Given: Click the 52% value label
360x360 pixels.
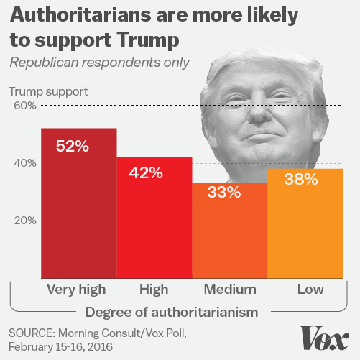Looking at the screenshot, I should point(72,146).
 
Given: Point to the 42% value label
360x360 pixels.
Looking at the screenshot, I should point(147,173).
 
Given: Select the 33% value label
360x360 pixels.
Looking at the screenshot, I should point(223,193).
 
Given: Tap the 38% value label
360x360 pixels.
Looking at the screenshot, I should point(300,180).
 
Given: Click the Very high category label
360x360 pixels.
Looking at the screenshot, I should point(76,289).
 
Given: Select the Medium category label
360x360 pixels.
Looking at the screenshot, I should point(230,289).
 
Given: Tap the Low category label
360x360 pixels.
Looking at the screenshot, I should point(310,289).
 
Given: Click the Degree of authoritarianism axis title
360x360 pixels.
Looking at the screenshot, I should point(172,312).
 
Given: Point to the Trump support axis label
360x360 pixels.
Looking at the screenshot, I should point(47,91).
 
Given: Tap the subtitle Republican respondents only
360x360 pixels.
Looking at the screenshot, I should point(98,62).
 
